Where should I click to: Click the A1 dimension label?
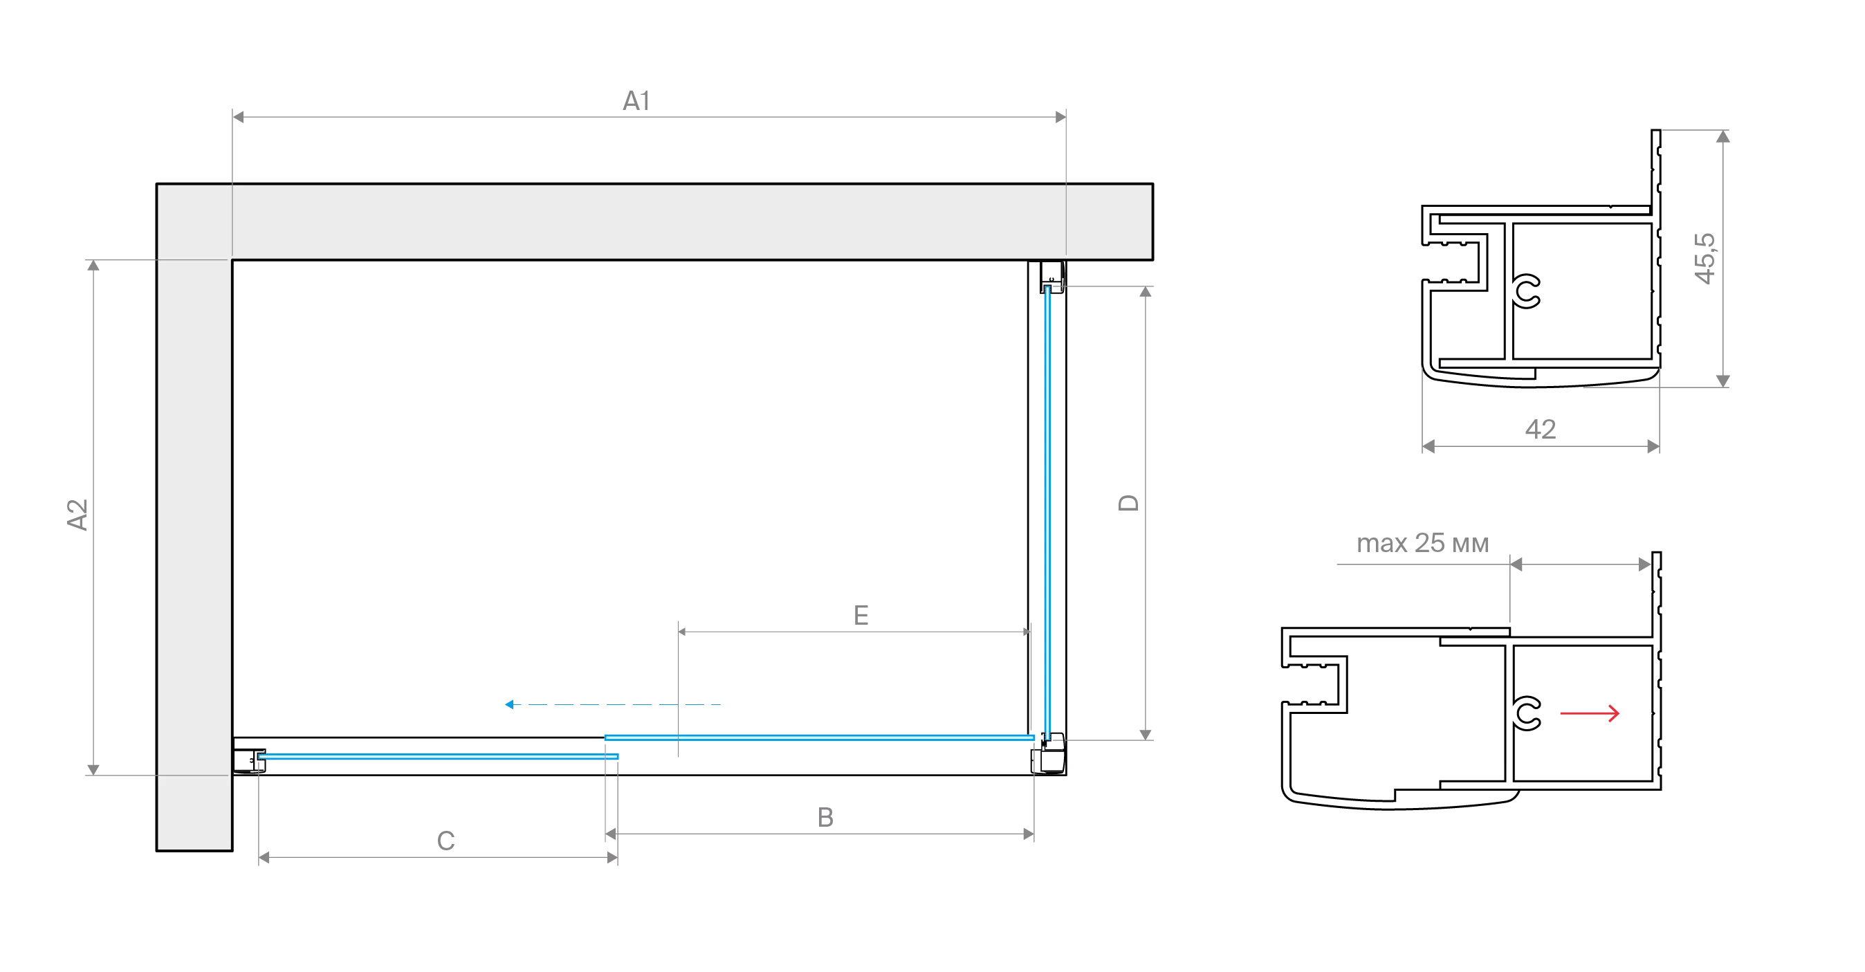tap(636, 101)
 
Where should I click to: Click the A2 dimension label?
tap(77, 514)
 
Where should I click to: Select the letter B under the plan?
tap(825, 817)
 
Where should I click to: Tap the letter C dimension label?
tap(446, 841)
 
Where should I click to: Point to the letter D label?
tap(1129, 503)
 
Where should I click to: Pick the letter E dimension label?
tap(861, 616)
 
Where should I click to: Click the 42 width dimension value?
tap(1540, 430)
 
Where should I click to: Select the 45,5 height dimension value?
tap(1705, 259)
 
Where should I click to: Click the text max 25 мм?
tap(1423, 543)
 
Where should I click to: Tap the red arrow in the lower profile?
tap(1590, 713)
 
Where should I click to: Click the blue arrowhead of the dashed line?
tap(509, 704)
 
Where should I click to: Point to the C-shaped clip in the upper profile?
tap(1527, 291)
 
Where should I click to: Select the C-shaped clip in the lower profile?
tap(1527, 713)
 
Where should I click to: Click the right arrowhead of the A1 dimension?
tap(1060, 117)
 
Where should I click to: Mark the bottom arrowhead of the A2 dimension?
tap(93, 770)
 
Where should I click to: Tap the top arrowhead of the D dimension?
tap(1146, 292)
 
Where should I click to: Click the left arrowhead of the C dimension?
tap(264, 858)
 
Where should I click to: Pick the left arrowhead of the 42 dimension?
tap(1428, 446)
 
